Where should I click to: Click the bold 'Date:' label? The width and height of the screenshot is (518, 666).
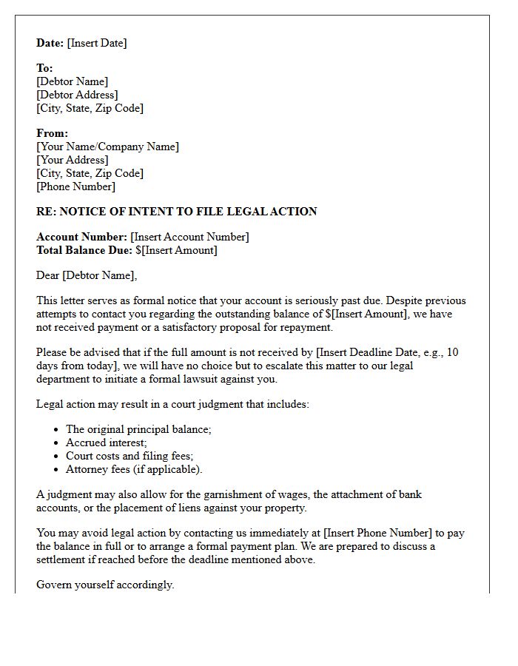click(x=50, y=43)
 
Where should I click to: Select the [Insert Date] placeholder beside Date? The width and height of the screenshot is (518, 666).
click(x=97, y=43)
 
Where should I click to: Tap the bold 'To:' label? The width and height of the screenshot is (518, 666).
click(x=44, y=68)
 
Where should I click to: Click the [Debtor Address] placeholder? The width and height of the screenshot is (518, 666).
click(x=77, y=95)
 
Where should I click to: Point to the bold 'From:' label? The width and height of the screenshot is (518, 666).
click(x=52, y=133)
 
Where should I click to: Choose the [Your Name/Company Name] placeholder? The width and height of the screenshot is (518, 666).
click(x=107, y=147)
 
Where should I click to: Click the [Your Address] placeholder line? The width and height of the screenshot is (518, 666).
click(x=73, y=160)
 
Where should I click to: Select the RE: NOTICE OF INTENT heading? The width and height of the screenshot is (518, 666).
click(x=177, y=212)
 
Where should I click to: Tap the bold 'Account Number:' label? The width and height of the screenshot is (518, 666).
click(x=81, y=237)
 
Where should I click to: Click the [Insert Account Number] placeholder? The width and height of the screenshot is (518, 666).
click(x=189, y=237)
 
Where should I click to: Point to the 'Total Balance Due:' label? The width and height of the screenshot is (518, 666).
click(x=84, y=250)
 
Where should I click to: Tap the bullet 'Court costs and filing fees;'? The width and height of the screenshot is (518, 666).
click(x=129, y=456)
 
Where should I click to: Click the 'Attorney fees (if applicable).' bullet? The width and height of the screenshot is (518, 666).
click(x=134, y=469)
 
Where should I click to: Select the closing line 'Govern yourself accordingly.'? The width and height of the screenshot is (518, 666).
click(x=105, y=585)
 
